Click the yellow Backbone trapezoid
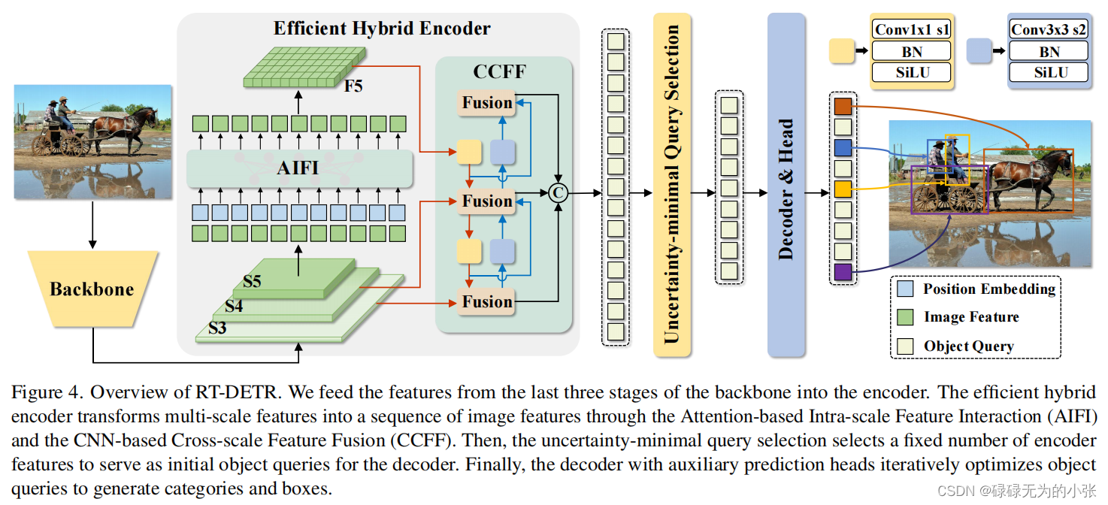pos(92,289)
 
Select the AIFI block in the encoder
pos(299,168)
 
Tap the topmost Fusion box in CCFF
pos(486,103)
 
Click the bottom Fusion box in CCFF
pos(486,302)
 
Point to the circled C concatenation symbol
pos(558,193)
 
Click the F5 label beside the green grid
pos(353,86)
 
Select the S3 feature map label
pos(217,328)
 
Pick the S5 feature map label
pos(252,282)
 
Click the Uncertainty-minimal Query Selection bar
pos(671,184)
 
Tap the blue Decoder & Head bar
pos(786,184)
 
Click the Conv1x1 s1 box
pos(911,30)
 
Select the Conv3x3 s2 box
pos(1049,30)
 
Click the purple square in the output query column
pos(843,272)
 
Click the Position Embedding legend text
pos(989,289)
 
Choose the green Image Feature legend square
pos(906,317)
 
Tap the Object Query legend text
pos(968,346)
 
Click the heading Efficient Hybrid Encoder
pos(382,29)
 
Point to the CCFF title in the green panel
pos(499,72)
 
